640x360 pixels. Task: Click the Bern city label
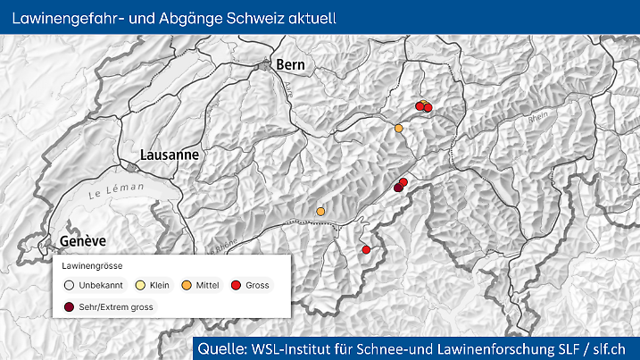pyautogui.click(x=291, y=64)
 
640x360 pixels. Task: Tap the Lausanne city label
pyautogui.click(x=169, y=155)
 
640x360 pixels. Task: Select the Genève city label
pyautogui.click(x=83, y=241)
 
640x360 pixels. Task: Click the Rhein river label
pyautogui.click(x=536, y=117)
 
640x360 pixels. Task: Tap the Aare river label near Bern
pyautogui.click(x=289, y=87)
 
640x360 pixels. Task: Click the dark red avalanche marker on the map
pyautogui.click(x=399, y=188)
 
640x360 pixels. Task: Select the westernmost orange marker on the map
pyautogui.click(x=320, y=211)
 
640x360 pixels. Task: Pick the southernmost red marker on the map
pyautogui.click(x=365, y=250)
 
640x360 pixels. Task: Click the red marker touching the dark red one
pyautogui.click(x=403, y=182)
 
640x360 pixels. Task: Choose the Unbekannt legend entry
pyautogui.click(x=89, y=286)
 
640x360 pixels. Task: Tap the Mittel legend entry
pyautogui.click(x=202, y=286)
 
